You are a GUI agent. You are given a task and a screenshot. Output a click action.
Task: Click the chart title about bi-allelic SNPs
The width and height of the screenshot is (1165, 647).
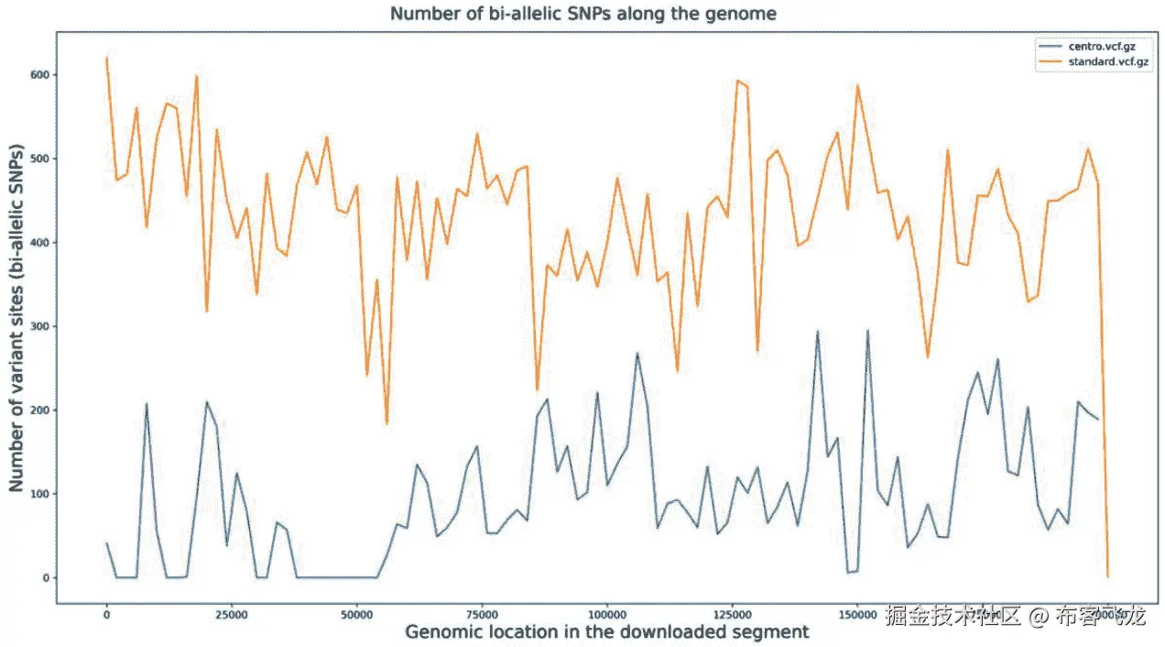(x=583, y=14)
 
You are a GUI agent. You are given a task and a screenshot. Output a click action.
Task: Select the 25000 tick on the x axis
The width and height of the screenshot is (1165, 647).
(x=232, y=614)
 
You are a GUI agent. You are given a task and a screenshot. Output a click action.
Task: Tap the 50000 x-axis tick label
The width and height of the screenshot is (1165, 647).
(x=356, y=614)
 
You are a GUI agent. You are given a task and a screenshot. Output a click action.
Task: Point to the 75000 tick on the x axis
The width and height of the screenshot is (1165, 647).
(x=482, y=614)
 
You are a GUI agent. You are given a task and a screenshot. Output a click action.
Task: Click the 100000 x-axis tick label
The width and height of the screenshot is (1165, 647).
(x=606, y=614)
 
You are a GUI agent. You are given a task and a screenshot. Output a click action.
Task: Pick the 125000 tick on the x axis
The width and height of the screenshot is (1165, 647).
(x=732, y=614)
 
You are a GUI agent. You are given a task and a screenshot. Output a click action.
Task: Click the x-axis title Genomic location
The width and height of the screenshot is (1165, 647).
(x=606, y=631)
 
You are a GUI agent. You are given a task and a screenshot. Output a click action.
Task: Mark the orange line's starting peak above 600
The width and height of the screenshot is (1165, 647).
(x=107, y=58)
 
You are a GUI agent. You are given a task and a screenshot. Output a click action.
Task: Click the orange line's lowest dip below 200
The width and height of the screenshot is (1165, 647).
(x=387, y=422)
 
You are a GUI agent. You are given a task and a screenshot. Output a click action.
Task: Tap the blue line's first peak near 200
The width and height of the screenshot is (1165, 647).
(x=147, y=403)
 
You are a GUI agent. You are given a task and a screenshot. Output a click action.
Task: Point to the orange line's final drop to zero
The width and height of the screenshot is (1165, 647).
(x=1107, y=576)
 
